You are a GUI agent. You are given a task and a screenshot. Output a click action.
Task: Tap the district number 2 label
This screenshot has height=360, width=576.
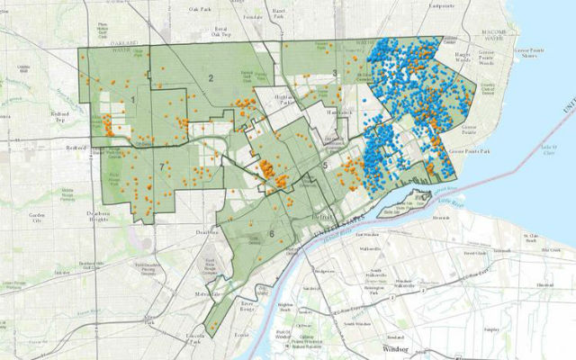click(x=211, y=79)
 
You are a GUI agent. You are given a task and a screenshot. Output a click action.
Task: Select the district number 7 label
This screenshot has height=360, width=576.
click(x=163, y=167)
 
